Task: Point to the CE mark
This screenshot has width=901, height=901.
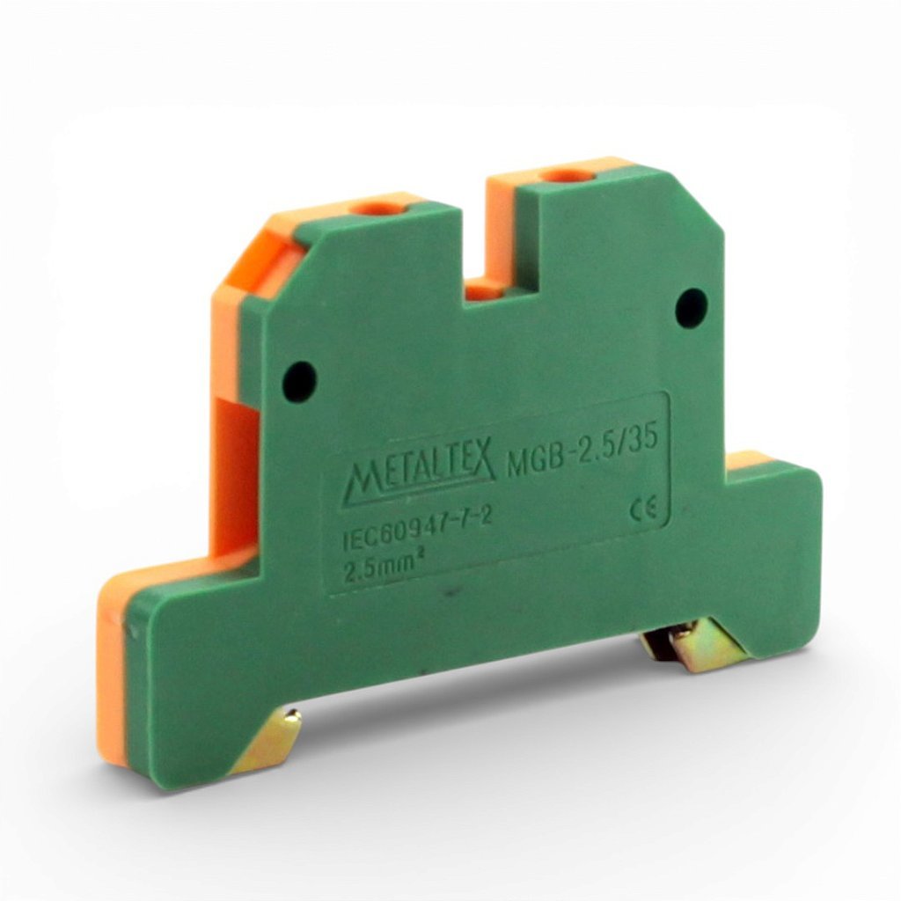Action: pyautogui.click(x=642, y=510)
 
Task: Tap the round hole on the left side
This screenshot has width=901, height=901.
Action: pyautogui.click(x=299, y=381)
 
